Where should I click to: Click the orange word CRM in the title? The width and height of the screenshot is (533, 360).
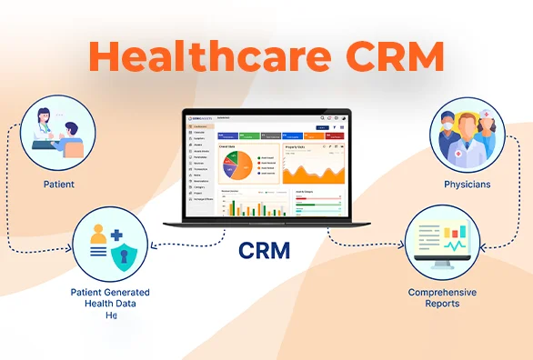390,57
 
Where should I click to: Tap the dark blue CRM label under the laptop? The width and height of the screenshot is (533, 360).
264,249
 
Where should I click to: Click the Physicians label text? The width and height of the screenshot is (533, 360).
467,184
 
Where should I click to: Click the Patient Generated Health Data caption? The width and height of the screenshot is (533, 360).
110,297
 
